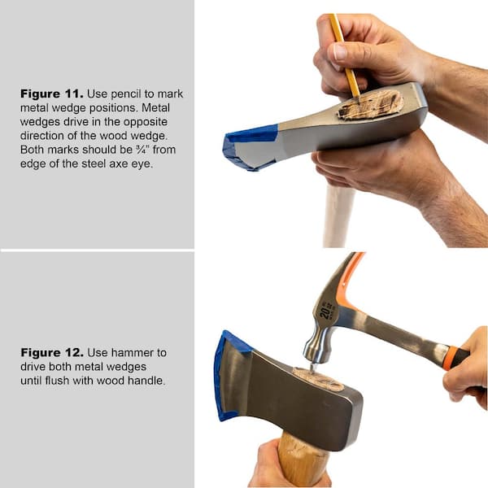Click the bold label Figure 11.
click(x=52, y=94)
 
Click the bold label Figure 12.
click(x=52, y=353)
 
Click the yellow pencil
click(x=345, y=55)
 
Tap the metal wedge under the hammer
click(x=312, y=368)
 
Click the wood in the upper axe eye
click(x=370, y=105)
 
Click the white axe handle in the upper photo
click(x=338, y=216)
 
